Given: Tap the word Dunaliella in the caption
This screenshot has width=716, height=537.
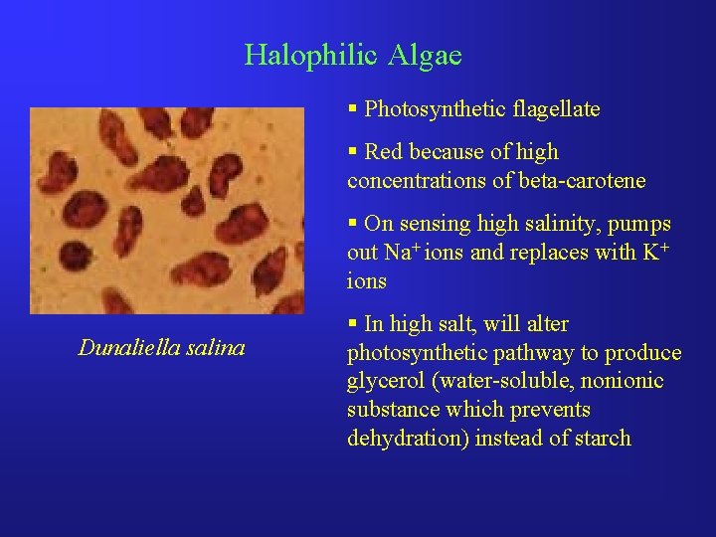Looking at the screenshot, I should coord(126,348).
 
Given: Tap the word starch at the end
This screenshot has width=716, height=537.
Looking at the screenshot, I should coord(601,439).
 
